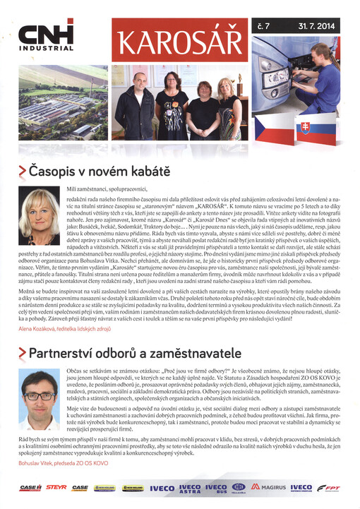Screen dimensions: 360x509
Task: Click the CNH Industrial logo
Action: click(x=43, y=37)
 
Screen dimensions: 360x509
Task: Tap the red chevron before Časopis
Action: click(x=23, y=172)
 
